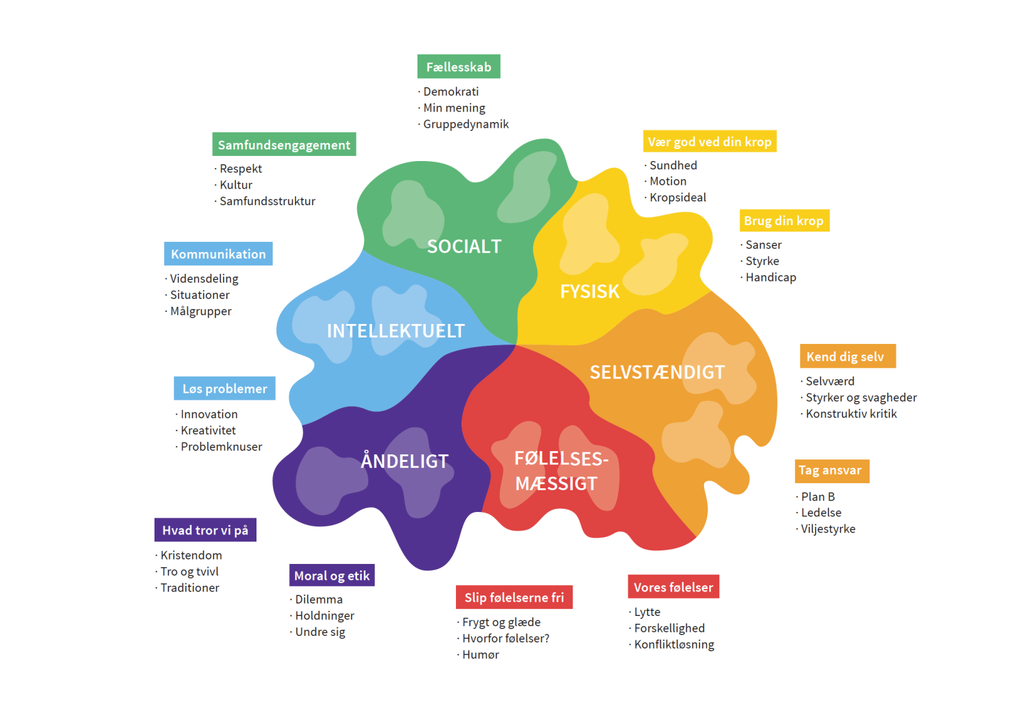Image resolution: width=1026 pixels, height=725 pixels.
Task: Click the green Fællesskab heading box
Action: pyautogui.click(x=458, y=67)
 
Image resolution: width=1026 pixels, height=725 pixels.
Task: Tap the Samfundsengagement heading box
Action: pyautogui.click(x=284, y=145)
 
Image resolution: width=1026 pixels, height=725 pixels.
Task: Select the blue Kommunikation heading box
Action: pyautogui.click(x=218, y=254)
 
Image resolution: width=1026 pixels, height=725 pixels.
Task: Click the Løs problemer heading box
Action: pyautogui.click(x=224, y=389)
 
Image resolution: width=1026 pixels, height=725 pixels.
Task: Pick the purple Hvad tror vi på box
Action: pyautogui.click(x=205, y=530)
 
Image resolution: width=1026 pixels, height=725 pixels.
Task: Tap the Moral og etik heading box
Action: pyautogui.click(x=332, y=576)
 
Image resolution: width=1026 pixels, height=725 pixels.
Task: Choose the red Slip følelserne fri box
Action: pyautogui.click(x=514, y=597)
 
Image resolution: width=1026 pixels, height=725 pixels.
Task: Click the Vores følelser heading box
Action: pyautogui.click(x=673, y=587)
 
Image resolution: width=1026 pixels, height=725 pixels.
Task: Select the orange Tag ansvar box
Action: pyautogui.click(x=832, y=471)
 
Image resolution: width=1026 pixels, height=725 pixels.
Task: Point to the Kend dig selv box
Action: pyautogui.click(x=847, y=357)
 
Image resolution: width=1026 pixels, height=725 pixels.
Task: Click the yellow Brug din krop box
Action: pyautogui.click(x=784, y=221)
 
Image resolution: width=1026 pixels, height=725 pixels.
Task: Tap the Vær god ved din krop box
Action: pyautogui.click(x=709, y=142)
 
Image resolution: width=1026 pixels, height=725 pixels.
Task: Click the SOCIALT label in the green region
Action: pyautogui.click(x=464, y=246)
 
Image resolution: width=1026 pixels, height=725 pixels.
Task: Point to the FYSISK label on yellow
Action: pyautogui.click(x=589, y=292)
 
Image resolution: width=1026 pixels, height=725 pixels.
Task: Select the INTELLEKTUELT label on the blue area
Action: pyautogui.click(x=396, y=331)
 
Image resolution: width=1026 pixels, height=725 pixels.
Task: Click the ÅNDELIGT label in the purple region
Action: pyautogui.click(x=405, y=461)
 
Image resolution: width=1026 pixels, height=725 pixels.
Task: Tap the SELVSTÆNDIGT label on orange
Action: pyautogui.click(x=657, y=373)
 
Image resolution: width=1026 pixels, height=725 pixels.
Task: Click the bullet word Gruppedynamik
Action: pyautogui.click(x=466, y=124)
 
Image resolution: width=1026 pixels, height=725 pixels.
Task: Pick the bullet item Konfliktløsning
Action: pyautogui.click(x=674, y=645)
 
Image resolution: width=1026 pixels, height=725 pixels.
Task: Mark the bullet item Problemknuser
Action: pyautogui.click(x=221, y=447)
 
